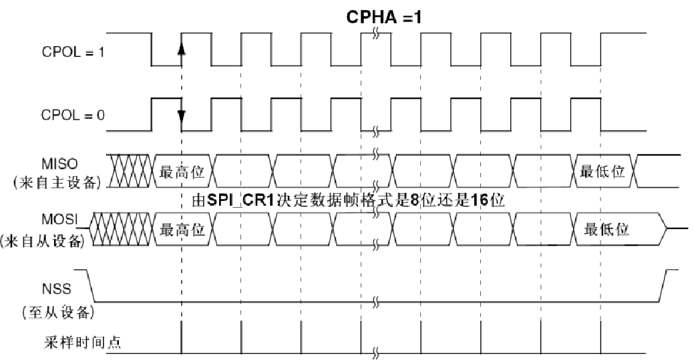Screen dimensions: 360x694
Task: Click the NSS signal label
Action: (x=57, y=291)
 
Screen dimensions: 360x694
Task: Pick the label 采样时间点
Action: (x=83, y=344)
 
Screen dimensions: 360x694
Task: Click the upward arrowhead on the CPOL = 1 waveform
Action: (x=181, y=48)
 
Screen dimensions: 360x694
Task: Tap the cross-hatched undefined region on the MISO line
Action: (x=131, y=172)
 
